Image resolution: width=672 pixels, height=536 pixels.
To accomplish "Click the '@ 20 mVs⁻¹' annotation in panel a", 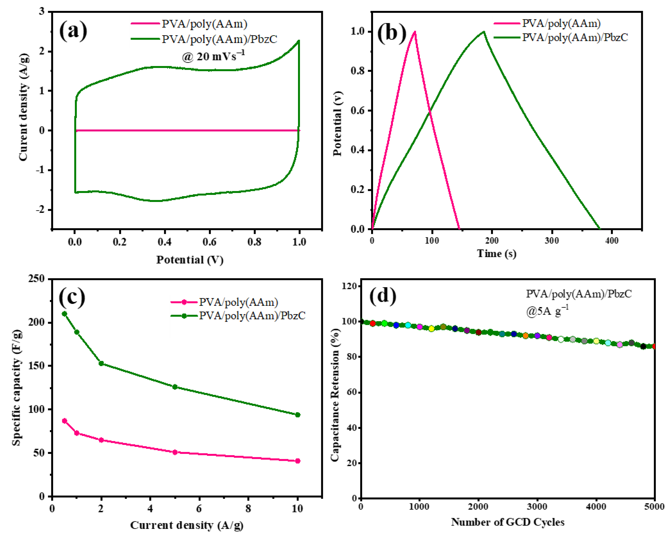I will pyautogui.click(x=213, y=56).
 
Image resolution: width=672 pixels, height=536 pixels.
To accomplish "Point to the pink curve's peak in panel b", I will pyautogui.click(x=415, y=32).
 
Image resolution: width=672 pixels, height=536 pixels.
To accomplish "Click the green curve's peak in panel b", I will pyautogui.click(x=483, y=32).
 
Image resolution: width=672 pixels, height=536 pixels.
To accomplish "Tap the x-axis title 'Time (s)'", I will pyautogui.click(x=496, y=253).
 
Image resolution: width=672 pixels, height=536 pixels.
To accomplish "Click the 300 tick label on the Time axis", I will pyautogui.click(x=552, y=240).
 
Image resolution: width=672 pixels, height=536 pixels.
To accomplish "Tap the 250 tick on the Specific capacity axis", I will pyautogui.click(x=36, y=279).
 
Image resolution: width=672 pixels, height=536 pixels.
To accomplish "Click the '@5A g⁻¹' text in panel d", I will pyautogui.click(x=547, y=311).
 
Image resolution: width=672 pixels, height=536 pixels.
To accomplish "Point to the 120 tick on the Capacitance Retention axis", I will pyautogui.click(x=349, y=286).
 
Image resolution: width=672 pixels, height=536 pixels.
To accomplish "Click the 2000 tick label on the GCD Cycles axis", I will pyautogui.click(x=478, y=506).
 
